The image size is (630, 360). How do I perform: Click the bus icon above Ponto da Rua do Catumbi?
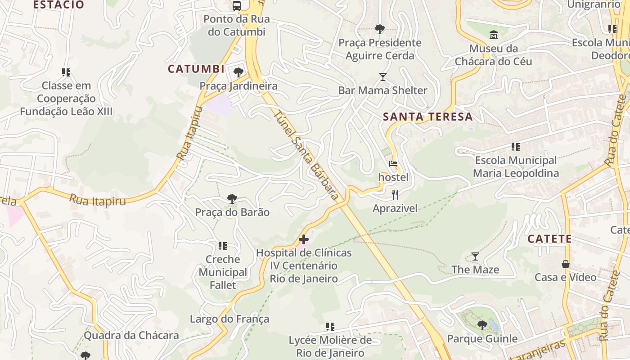[236, 5]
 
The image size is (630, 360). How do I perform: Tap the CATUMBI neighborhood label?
[196, 69]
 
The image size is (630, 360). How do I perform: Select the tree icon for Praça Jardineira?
[238, 72]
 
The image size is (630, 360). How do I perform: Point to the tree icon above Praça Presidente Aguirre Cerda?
[380, 29]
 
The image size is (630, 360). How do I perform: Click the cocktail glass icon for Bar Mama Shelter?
[382, 77]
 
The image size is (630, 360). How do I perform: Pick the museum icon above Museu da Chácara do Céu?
[493, 35]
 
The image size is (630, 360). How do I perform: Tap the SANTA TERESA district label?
[427, 117]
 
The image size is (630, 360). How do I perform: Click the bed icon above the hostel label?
[393, 164]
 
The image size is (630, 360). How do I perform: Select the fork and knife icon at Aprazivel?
[395, 194]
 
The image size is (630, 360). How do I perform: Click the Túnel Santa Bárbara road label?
[306, 155]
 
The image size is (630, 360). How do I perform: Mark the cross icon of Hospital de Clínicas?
[304, 239]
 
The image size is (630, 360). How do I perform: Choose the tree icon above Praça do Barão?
[232, 198]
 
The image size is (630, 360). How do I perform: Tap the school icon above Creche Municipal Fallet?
[223, 246]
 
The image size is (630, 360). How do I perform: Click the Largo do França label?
[229, 319]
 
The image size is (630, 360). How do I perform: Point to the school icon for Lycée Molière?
[330, 326]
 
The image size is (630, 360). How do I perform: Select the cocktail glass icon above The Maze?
[475, 256]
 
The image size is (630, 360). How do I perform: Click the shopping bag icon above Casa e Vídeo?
[565, 264]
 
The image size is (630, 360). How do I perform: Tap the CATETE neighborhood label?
[549, 239]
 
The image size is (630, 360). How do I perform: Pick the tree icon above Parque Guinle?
[482, 325]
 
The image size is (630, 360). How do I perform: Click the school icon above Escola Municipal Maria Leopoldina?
[516, 147]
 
